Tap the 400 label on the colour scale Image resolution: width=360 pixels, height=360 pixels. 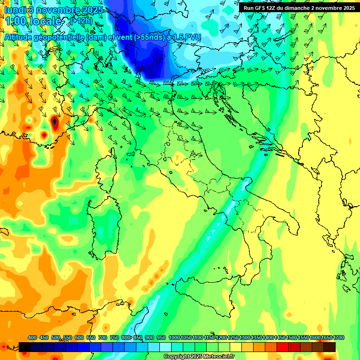pos(32,338)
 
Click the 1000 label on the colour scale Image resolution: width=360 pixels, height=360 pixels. pos(174,338)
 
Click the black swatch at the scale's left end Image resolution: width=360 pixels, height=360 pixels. pos(25,347)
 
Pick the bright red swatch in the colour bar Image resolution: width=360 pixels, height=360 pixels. pos(283,347)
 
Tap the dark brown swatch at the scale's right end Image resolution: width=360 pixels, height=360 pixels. pos(330,347)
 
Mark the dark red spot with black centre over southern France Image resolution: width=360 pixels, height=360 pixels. pos(54,122)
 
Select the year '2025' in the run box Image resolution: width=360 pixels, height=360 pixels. pos(346,8)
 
